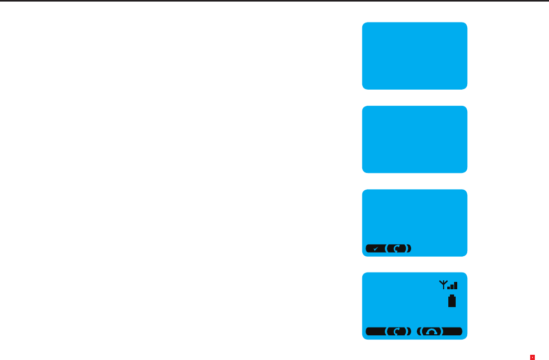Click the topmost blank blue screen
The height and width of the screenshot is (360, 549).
[414, 56]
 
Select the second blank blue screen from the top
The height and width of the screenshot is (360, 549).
[414, 139]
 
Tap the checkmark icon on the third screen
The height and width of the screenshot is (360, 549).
[375, 248]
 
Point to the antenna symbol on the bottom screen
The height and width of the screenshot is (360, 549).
[443, 285]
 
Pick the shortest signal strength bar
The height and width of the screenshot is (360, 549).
[449, 288]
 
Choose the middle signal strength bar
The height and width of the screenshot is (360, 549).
[453, 287]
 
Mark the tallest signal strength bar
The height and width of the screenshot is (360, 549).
[456, 286]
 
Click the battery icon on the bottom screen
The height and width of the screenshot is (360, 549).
[452, 301]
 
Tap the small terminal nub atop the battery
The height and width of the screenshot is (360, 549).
[452, 296]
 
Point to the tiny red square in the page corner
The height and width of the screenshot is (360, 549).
[532, 357]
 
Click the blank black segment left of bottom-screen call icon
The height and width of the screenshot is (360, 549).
[374, 331]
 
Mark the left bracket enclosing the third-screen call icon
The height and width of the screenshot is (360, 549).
[387, 248]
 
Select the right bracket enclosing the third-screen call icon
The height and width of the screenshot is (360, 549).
[409, 248]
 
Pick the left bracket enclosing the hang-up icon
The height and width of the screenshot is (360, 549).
[419, 331]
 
